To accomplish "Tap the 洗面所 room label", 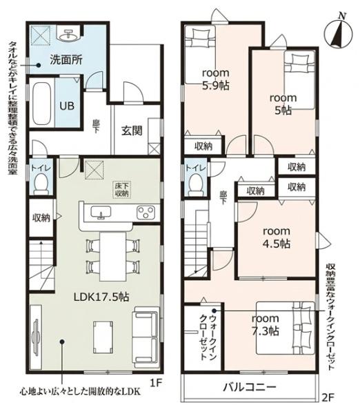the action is tap(66, 60).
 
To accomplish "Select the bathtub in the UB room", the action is tap(41, 103).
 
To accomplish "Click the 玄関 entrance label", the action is tap(132, 130).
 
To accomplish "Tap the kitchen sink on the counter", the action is tap(101, 212).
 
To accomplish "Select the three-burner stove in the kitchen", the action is tap(146, 212).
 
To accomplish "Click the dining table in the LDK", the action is tap(112, 257).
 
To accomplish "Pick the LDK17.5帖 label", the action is tap(101, 297).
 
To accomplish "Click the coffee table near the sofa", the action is tap(103, 337).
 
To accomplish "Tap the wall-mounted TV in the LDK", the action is tap(36, 337).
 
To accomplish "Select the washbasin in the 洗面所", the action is tap(69, 35).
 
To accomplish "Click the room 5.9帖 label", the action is tap(215, 79).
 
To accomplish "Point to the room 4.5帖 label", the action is tap(277, 237).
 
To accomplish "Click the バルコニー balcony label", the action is tap(250, 387).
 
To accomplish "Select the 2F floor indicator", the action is tap(328, 397).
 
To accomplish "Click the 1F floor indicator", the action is tap(156, 382).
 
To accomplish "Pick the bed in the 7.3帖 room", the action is tap(286, 328).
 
